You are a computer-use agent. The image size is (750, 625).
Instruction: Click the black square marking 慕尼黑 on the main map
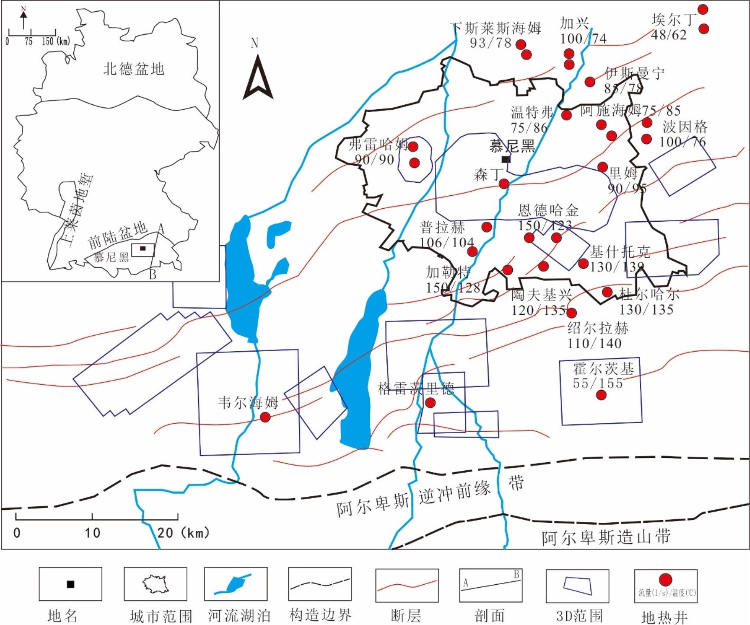[505, 159]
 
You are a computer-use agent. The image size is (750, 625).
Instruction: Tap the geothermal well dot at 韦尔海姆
[265, 417]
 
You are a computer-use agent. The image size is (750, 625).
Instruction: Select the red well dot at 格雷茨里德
[430, 403]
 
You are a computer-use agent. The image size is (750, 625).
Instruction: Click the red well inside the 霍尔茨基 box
[601, 395]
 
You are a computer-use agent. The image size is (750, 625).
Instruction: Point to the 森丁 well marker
[504, 184]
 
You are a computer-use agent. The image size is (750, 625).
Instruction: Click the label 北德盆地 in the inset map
[134, 69]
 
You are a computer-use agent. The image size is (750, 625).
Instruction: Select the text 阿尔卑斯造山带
[606, 538]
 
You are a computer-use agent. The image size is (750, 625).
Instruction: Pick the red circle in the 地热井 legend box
[665, 580]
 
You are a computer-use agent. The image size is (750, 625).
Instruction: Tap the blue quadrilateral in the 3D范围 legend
[577, 586]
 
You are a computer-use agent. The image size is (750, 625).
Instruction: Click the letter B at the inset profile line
[153, 275]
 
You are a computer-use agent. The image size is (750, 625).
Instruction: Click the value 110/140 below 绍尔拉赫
[594, 343]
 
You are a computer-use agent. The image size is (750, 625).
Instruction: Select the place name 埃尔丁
[673, 19]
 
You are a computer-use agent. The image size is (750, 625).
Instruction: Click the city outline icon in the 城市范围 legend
[156, 584]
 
